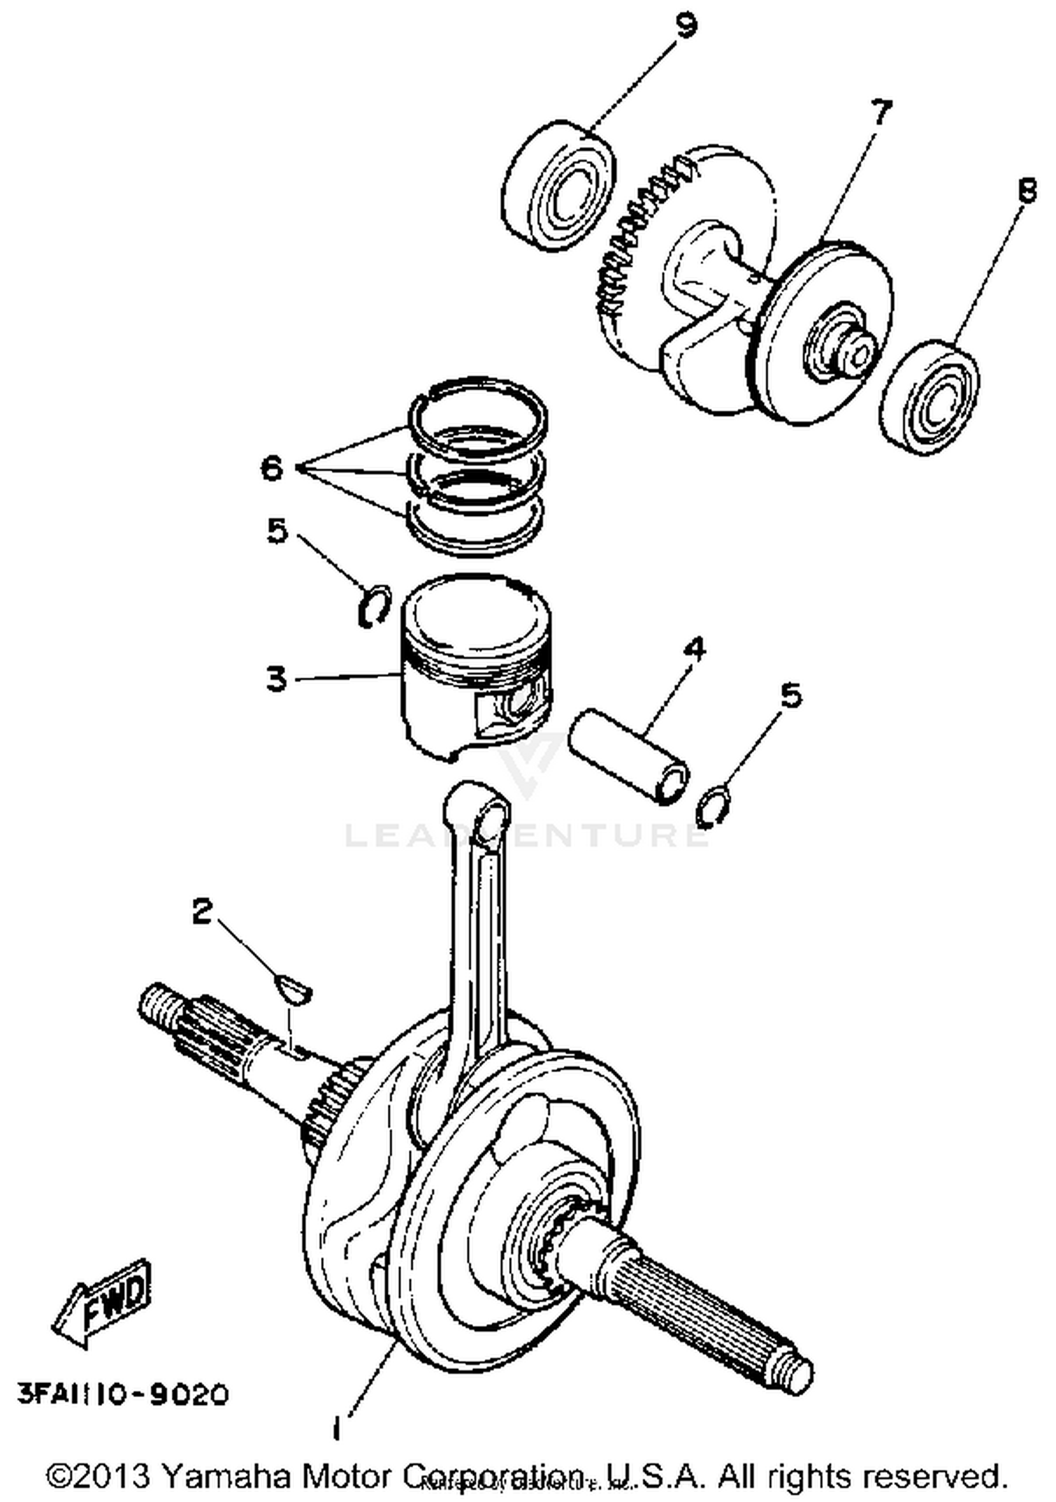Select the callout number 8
(1027, 190)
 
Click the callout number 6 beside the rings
(272, 467)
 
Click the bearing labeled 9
(560, 187)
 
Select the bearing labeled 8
(931, 398)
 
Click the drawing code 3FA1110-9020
(123, 1394)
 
